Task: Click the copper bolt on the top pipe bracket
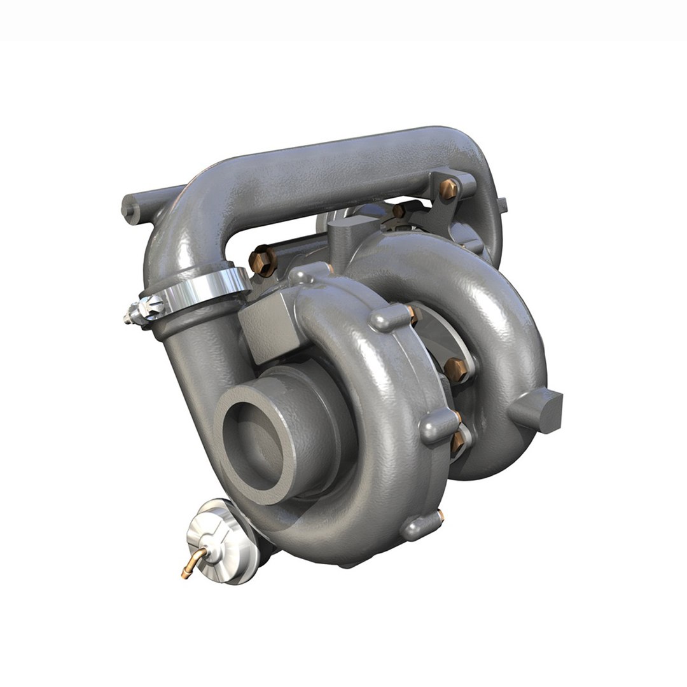tap(449, 188)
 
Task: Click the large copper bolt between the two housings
tap(455, 368)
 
